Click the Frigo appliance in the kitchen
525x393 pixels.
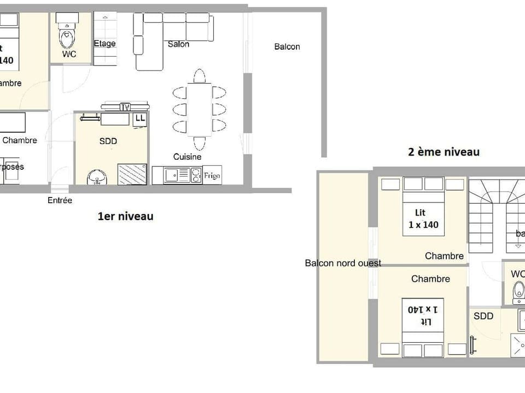coord(212,175)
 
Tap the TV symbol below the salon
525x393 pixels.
coord(125,107)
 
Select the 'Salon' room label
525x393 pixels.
coord(178,44)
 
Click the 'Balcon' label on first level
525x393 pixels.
coord(287,47)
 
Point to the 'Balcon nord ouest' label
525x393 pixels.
coord(343,263)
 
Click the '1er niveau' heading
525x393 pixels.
coord(125,217)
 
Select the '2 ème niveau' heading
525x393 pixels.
coord(444,152)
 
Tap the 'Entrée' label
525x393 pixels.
coord(60,200)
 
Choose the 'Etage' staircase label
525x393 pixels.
coord(104,44)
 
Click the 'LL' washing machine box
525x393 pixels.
coord(140,118)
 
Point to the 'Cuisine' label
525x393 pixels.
coord(187,157)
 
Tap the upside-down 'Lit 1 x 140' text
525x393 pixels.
coord(423,315)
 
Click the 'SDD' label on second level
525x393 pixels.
coord(483,316)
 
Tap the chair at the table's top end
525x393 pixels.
coord(200,76)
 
